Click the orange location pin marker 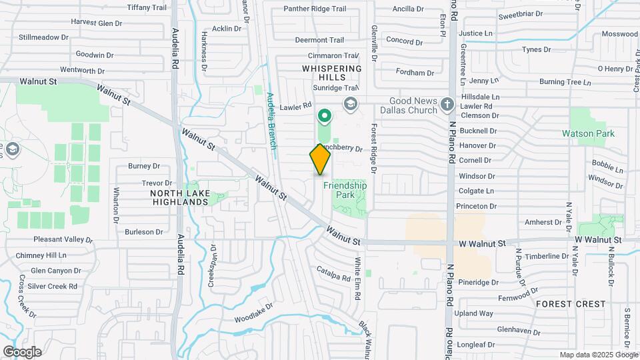tap(320, 159)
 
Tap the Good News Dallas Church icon tap(447, 104)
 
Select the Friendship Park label tap(345, 190)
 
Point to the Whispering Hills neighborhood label tap(331, 73)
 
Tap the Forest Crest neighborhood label tap(571, 304)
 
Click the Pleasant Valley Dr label tap(63, 239)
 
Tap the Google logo tap(22, 352)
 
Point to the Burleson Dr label tap(144, 232)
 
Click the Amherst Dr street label tap(543, 222)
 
